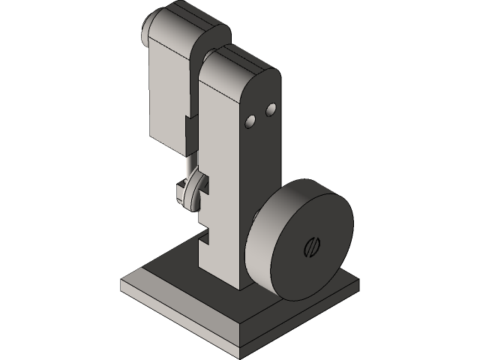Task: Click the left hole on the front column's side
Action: pos(252,120)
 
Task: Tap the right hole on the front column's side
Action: pos(271,109)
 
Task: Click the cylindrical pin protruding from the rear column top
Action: pos(148,28)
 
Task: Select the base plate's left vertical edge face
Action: pos(180,315)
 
